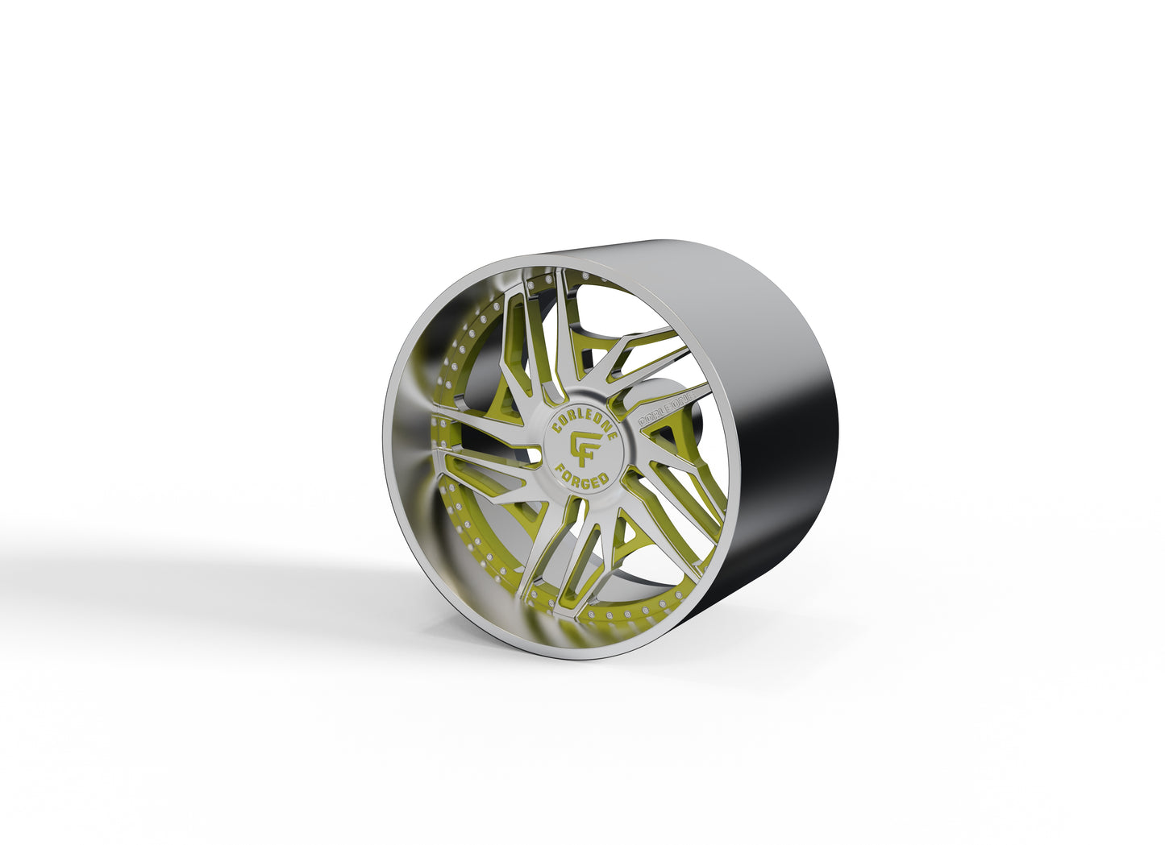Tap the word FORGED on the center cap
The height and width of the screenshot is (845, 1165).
[582, 472]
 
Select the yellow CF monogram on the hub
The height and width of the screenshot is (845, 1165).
[585, 445]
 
